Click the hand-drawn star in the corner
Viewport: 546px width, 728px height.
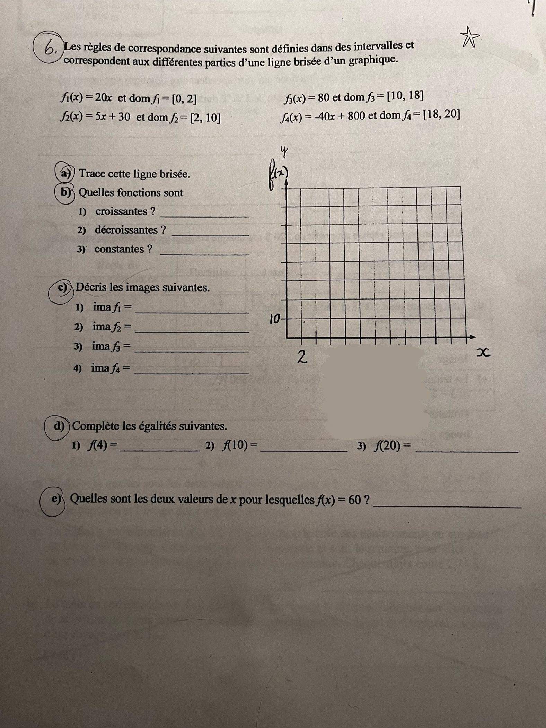click(x=469, y=38)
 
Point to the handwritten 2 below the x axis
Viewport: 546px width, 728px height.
click(x=302, y=357)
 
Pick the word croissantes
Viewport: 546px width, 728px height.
click(x=121, y=211)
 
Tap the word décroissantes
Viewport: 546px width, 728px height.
click(x=126, y=230)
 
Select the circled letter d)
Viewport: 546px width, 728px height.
click(x=59, y=426)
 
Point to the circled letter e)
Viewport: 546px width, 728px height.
click(x=56, y=499)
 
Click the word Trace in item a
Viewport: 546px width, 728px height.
click(x=92, y=173)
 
